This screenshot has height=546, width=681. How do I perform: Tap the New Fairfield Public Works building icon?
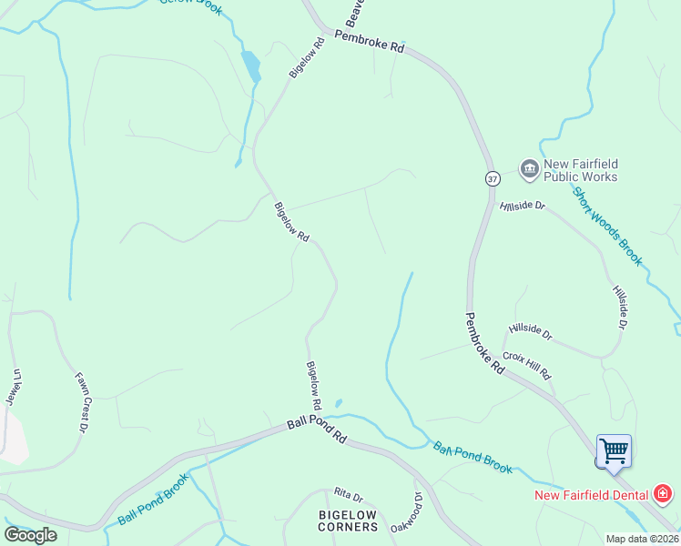click(529, 168)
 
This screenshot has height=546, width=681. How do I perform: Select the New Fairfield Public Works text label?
click(580, 170)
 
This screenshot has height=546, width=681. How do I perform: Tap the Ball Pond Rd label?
click(317, 430)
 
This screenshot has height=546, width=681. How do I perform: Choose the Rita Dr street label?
click(348, 497)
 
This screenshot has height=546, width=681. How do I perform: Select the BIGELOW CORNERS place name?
click(347, 521)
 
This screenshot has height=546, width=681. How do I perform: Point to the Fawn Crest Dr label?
click(79, 396)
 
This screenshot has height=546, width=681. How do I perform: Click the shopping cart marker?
click(614, 450)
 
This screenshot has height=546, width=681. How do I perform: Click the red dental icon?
click(664, 495)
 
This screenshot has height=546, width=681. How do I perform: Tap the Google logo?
click(30, 534)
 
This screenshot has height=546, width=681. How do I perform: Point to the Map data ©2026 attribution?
click(641, 539)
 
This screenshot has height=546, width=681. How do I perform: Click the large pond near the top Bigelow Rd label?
click(249, 66)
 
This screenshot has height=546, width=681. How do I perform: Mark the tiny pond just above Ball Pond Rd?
click(339, 403)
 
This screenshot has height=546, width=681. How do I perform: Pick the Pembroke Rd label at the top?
click(369, 43)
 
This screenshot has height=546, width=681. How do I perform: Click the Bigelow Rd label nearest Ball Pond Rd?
click(313, 385)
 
